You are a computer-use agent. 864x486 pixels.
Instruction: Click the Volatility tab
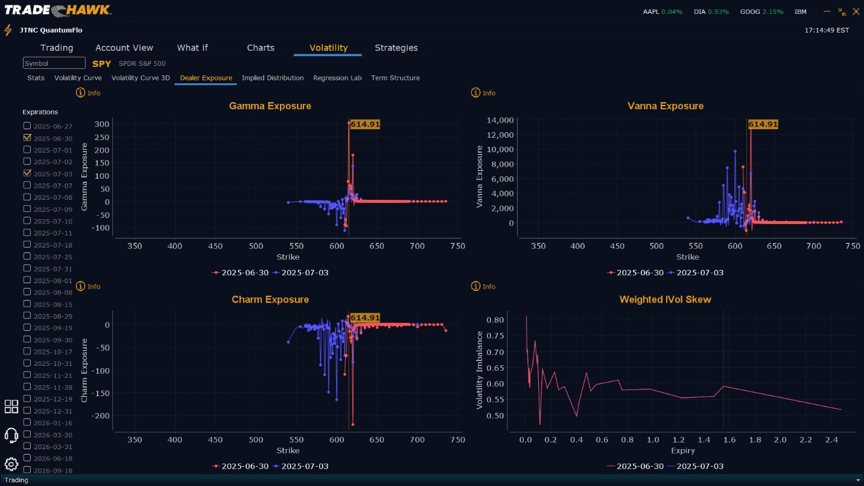pyautogui.click(x=328, y=48)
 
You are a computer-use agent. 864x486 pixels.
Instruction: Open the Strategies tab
pyautogui.click(x=396, y=48)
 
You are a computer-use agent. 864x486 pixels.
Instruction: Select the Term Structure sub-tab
pyautogui.click(x=395, y=78)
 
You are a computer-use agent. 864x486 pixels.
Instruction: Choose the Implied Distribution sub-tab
pyautogui.click(x=273, y=78)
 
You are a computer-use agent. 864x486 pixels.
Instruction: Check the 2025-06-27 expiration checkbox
pyautogui.click(x=27, y=126)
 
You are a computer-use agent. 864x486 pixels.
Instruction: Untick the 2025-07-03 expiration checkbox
pyautogui.click(x=27, y=173)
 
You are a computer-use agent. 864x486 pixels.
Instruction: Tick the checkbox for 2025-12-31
pyautogui.click(x=27, y=411)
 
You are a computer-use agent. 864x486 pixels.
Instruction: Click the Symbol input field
pyautogui.click(x=54, y=63)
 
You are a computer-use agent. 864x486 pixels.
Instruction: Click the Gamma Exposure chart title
pyautogui.click(x=270, y=106)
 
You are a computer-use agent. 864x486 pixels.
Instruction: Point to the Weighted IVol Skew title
pyautogui.click(x=665, y=299)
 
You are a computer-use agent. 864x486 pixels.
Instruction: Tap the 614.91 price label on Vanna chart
pyautogui.click(x=763, y=124)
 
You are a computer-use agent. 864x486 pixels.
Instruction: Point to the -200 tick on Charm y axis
pyautogui.click(x=100, y=416)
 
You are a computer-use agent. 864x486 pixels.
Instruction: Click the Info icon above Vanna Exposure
pyautogui.click(x=475, y=93)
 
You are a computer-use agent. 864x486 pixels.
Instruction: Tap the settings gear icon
pyautogui.click(x=11, y=464)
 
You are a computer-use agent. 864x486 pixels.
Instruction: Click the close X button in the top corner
pyautogui.click(x=856, y=11)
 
